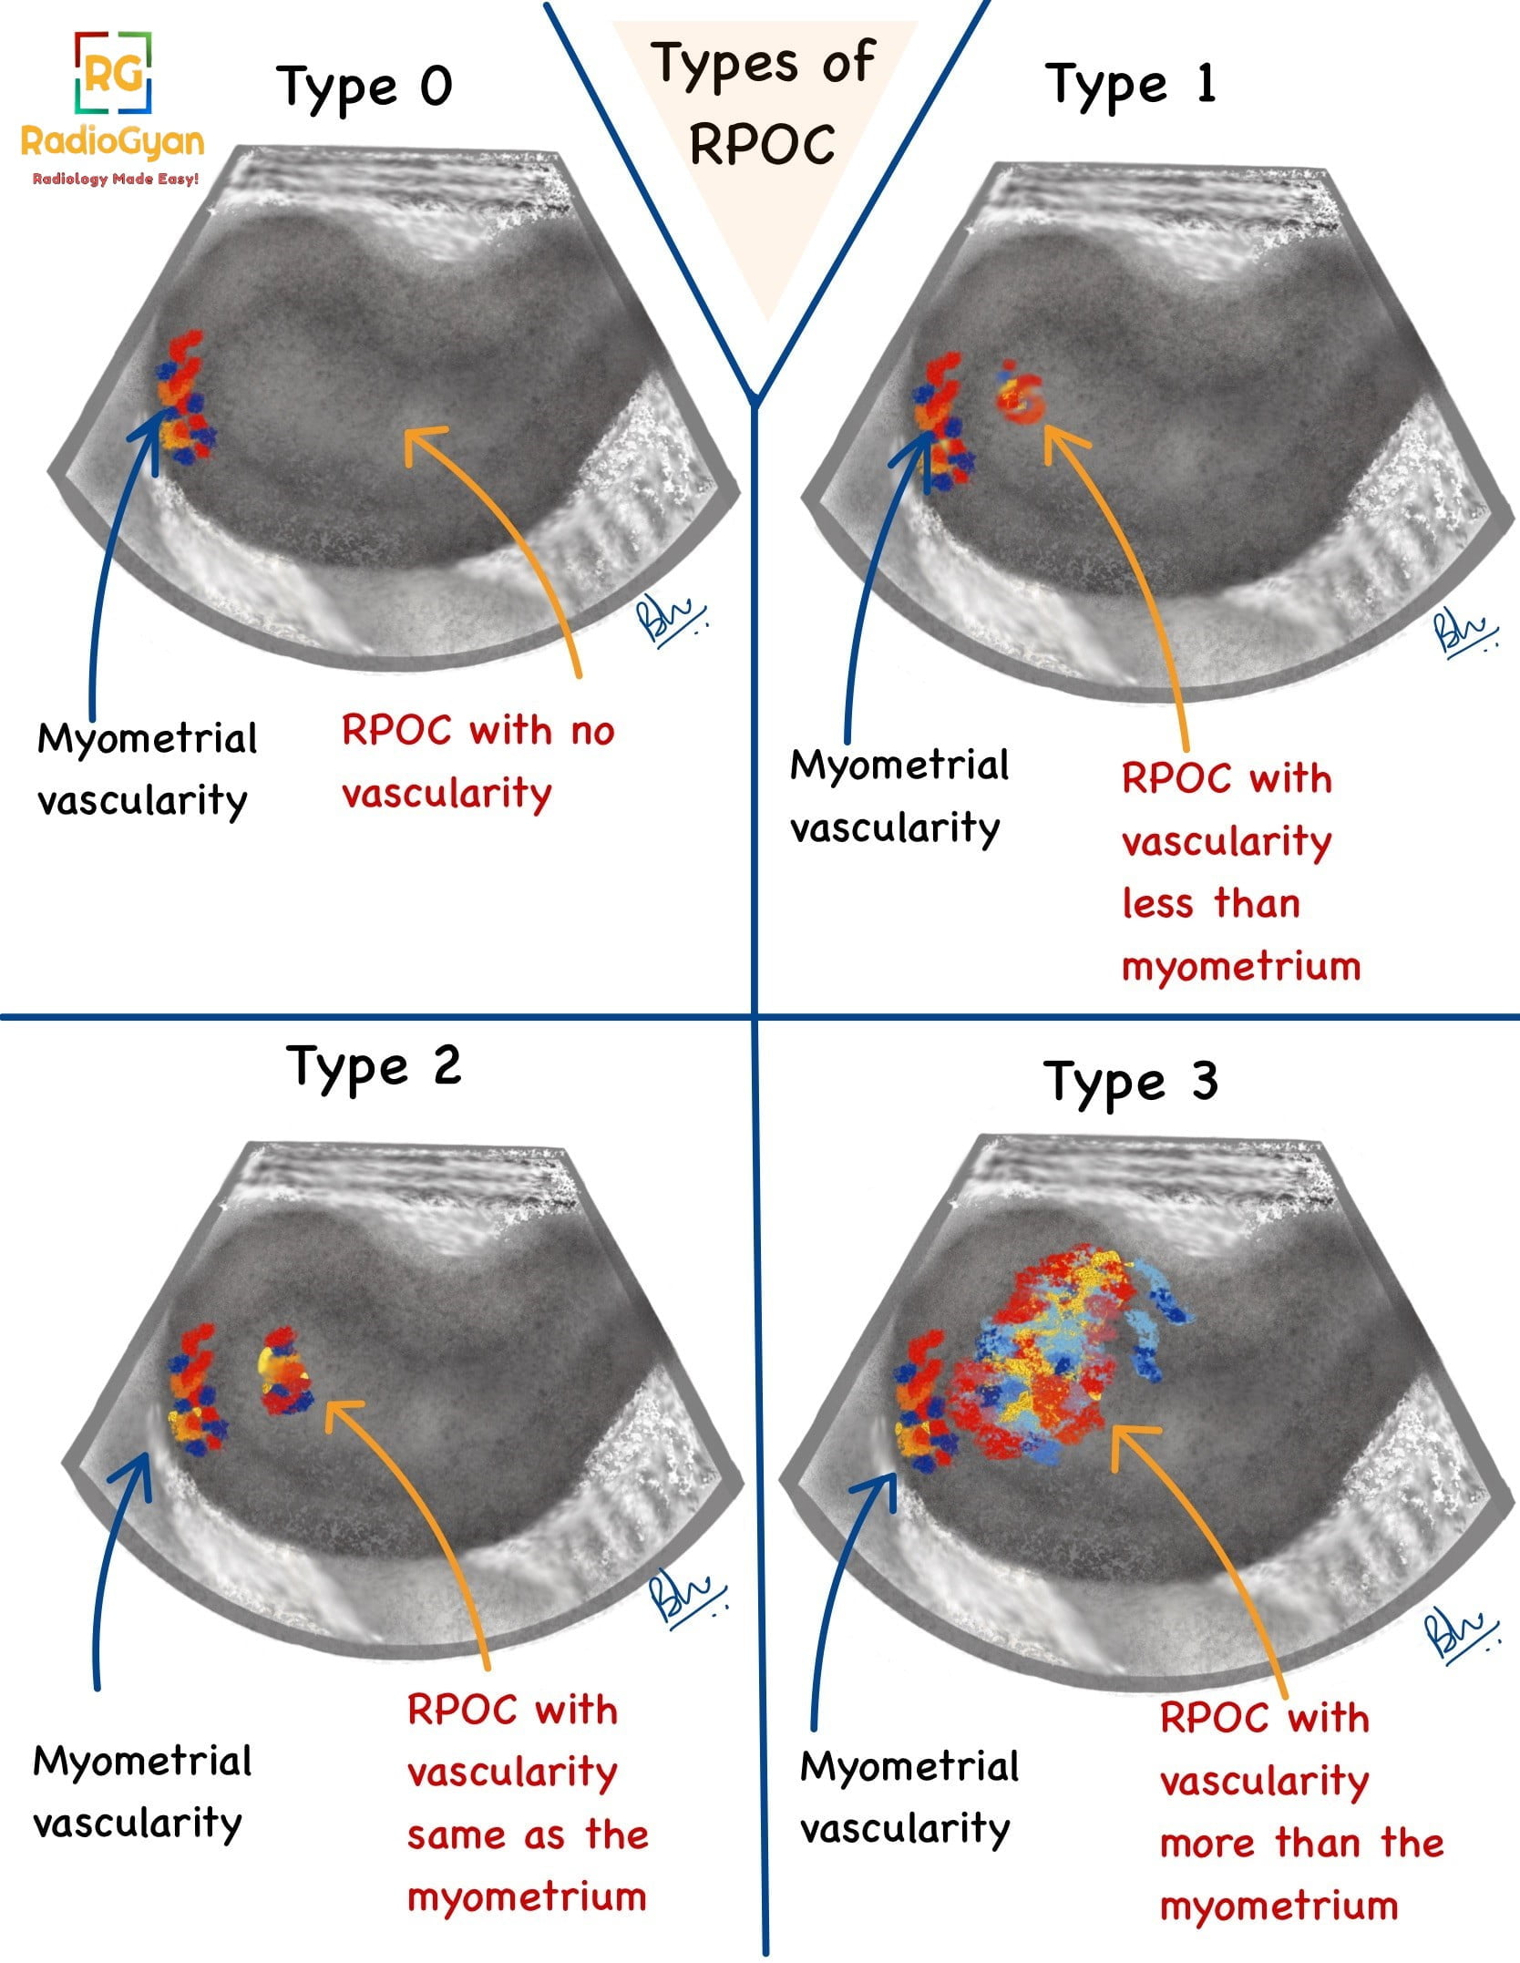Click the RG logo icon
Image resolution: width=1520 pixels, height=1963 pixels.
point(112,73)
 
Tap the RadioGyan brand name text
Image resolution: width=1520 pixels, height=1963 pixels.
point(112,141)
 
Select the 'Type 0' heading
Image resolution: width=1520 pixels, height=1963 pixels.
point(364,87)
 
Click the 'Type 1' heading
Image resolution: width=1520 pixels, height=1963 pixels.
point(1129,86)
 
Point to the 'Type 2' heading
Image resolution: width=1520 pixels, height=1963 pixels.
point(374,1066)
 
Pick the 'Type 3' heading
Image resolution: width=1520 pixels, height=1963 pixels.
point(1130,1082)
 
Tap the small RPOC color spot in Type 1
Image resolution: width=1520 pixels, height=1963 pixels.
point(1020,397)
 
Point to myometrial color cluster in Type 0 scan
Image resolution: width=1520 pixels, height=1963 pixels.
point(185,401)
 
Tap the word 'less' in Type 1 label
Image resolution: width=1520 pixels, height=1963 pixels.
point(1157,904)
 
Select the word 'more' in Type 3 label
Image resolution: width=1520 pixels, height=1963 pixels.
point(1207,1843)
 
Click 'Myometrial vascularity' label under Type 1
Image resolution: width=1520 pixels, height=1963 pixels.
point(899,797)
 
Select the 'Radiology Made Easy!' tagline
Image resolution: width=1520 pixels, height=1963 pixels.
point(115,180)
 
